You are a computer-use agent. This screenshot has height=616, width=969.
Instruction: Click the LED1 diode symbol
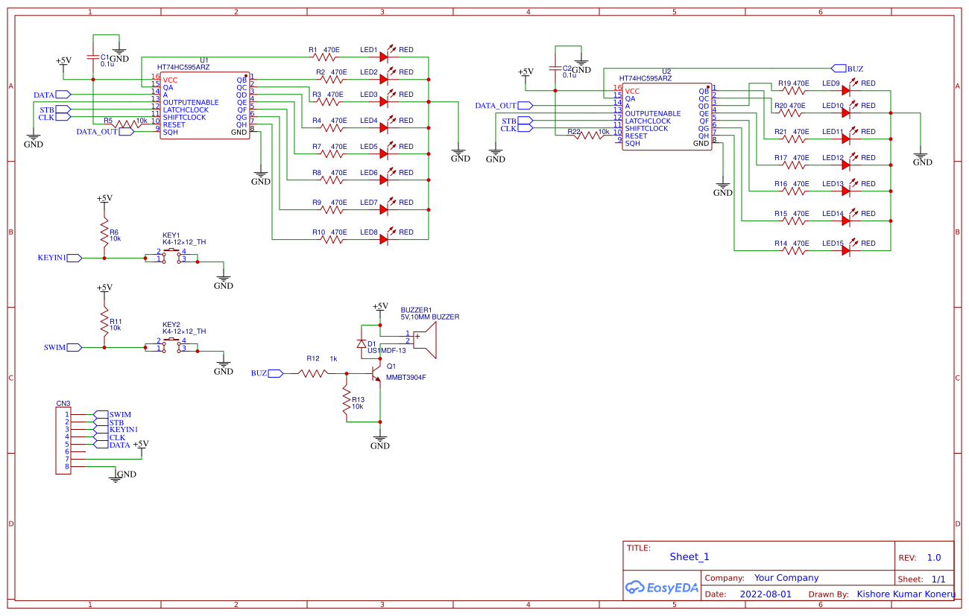[x=384, y=57]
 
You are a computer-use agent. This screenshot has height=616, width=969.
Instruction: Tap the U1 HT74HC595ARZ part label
[x=183, y=67]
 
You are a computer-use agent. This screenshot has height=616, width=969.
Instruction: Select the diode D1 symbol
[x=362, y=344]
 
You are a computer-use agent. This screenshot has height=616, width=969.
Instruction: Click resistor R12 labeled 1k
[x=314, y=373]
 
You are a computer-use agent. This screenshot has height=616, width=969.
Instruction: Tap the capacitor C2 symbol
[x=555, y=68]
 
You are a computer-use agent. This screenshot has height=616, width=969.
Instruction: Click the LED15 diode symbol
[x=846, y=250]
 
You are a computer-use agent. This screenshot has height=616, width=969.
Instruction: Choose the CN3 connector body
[x=63, y=440]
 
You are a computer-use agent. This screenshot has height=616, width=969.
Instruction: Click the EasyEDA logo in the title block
[x=662, y=587]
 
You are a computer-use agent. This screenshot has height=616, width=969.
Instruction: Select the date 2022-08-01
[x=766, y=594]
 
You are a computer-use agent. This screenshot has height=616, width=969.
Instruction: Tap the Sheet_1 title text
[x=689, y=556]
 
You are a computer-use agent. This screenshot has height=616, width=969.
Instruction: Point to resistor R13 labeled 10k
[x=346, y=403]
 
